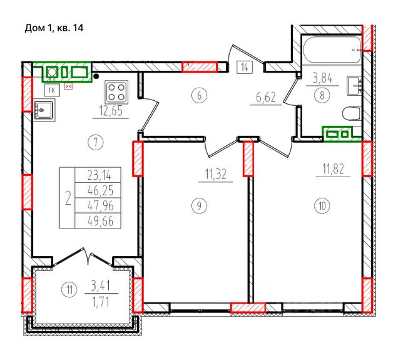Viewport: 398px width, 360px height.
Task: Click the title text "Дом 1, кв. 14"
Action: (54, 28)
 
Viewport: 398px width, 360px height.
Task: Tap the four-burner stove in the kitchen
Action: (116, 92)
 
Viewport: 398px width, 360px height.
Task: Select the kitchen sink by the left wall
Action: (44, 110)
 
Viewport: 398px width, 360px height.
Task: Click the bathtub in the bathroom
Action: (332, 50)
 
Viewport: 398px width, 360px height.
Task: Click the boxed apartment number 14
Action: (245, 68)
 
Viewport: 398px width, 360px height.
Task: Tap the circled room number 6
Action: (199, 96)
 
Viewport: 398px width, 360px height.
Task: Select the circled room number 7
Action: (96, 142)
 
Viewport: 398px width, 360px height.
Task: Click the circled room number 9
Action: (199, 205)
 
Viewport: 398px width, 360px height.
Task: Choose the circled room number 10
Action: (322, 205)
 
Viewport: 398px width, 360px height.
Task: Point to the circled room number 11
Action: (69, 289)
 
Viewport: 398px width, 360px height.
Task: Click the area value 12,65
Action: (111, 111)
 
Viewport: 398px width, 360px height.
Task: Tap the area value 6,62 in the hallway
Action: (266, 98)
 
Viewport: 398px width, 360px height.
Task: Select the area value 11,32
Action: (215, 175)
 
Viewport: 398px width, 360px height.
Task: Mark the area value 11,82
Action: (334, 169)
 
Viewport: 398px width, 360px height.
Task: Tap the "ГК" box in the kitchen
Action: (52, 90)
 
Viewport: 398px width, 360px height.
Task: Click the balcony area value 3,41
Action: (101, 286)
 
